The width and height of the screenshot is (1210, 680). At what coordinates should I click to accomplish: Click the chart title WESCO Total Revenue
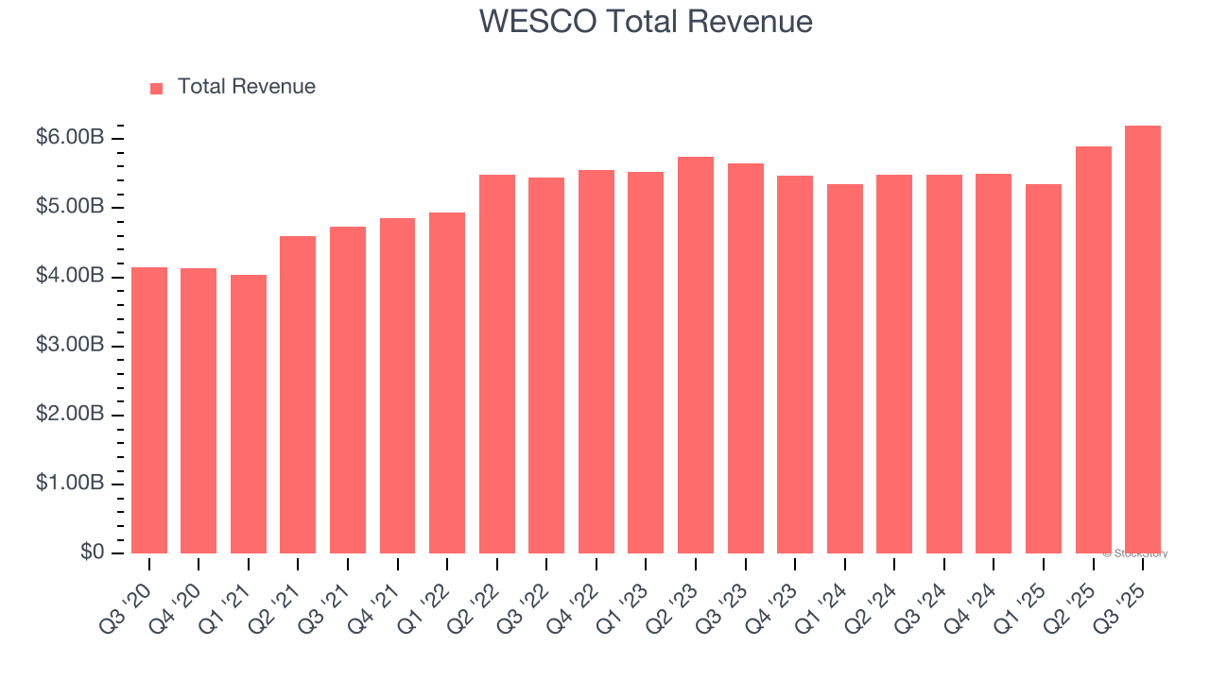pos(646,21)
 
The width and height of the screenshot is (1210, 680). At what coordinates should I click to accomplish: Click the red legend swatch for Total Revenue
pos(157,88)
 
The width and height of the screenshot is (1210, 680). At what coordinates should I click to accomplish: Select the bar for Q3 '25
pos(1143,340)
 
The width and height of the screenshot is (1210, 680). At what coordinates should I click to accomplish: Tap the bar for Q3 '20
pos(149,411)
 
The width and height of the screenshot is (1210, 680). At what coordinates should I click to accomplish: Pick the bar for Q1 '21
pos(249,415)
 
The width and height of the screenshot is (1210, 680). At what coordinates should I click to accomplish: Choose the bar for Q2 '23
pos(696,355)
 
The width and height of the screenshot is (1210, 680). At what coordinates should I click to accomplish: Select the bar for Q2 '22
pos(497,365)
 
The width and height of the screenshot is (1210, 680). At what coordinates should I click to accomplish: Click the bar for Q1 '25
pos(1044,369)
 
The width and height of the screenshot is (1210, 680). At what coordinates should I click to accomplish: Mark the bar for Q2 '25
pos(1093,350)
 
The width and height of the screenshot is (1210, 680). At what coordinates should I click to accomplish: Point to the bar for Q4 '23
pos(795,365)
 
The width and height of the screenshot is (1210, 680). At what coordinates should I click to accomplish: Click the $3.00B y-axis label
pos(70,346)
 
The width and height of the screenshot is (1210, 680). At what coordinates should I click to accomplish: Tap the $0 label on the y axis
pos(91,552)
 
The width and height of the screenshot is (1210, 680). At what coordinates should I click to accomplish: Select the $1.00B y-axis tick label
pos(70,484)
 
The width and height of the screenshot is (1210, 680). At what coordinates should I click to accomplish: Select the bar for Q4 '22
pos(596,362)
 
